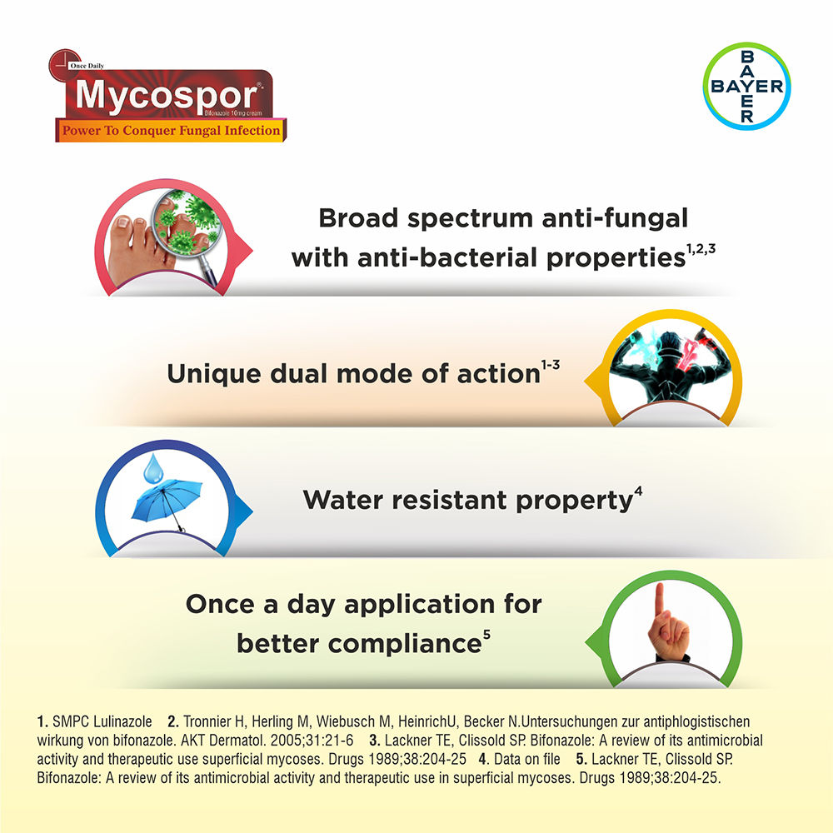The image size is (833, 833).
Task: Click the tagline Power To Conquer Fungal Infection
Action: (168, 131)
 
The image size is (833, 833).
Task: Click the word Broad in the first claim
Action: (356, 219)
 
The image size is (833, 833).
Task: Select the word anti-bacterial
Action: (430, 258)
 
